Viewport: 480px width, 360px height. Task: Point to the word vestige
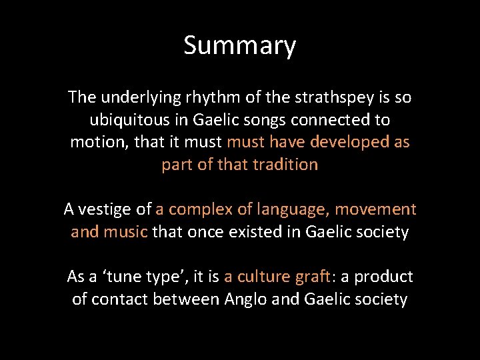coord(107,209)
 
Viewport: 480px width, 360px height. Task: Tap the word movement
coord(375,209)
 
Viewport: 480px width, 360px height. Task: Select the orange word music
coord(127,232)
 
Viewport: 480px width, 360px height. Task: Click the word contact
coord(119,299)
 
